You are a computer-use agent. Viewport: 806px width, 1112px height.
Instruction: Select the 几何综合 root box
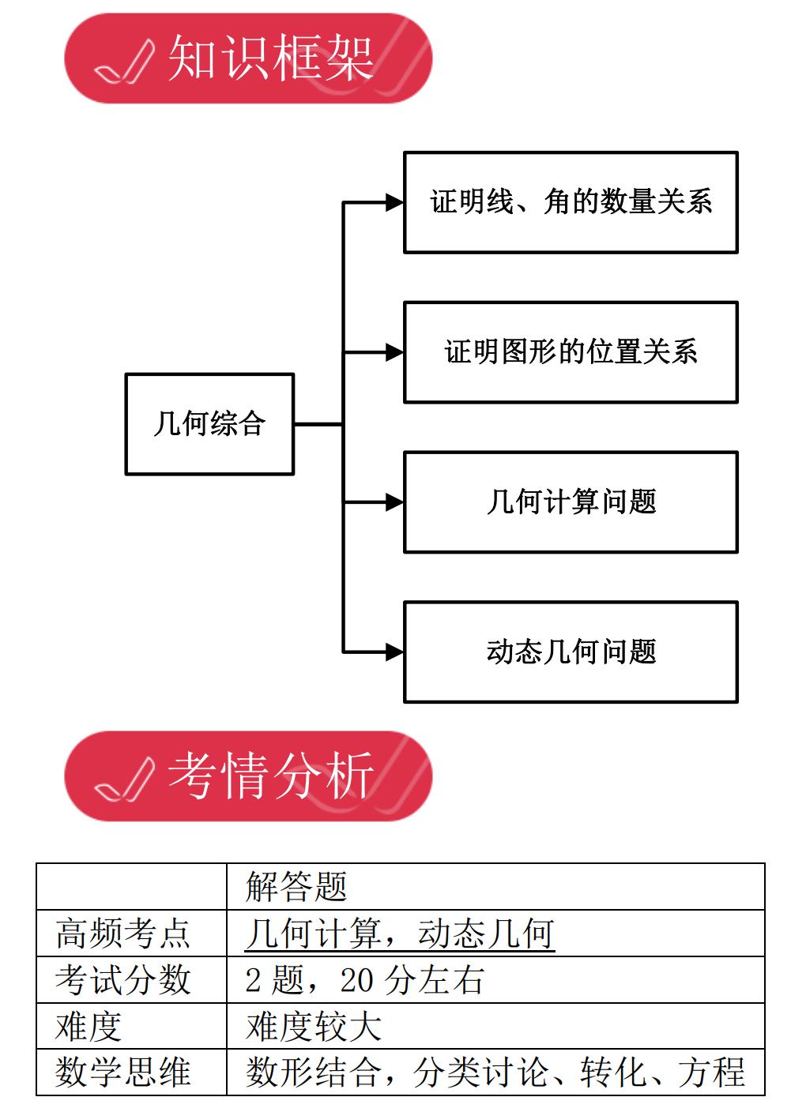coord(209,424)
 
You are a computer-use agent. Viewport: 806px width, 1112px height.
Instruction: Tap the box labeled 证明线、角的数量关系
coord(571,202)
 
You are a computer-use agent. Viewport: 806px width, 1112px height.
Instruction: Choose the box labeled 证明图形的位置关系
coord(571,352)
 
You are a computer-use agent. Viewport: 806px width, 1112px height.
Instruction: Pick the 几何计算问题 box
coord(571,502)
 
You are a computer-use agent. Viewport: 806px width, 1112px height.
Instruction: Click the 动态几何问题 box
coord(571,652)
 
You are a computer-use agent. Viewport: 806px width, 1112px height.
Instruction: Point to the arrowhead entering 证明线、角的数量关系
coord(394,202)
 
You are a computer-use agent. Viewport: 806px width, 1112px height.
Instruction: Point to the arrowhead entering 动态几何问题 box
coord(394,652)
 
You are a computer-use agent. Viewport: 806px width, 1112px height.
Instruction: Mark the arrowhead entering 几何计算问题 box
coord(394,502)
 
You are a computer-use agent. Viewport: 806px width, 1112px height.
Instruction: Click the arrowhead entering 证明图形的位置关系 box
coord(394,352)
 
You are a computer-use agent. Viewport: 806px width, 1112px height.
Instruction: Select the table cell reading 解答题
coord(296,887)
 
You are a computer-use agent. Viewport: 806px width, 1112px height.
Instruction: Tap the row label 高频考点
coord(123,934)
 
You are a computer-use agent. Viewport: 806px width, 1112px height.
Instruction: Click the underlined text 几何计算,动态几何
coord(400,934)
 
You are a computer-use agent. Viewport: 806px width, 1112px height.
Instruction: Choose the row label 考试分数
coord(123,980)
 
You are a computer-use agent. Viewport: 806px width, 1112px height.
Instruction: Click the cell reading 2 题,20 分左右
coord(364,980)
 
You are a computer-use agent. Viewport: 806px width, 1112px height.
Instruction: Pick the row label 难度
coord(89,1027)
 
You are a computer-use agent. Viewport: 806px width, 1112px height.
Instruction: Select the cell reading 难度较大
coord(314,1027)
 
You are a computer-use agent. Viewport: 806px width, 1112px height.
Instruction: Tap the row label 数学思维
coord(123,1073)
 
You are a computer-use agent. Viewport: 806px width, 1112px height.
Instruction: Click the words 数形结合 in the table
coord(314,1073)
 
